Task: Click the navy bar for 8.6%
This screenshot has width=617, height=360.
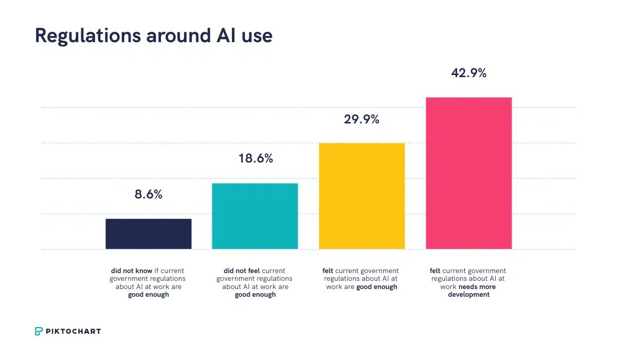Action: (x=149, y=234)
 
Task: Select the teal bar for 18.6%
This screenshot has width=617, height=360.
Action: (x=255, y=216)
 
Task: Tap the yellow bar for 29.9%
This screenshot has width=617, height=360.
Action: (x=362, y=196)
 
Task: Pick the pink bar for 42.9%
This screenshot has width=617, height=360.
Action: (x=469, y=173)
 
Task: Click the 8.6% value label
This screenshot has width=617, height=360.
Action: (x=149, y=195)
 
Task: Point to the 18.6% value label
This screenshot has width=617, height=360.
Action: (x=256, y=159)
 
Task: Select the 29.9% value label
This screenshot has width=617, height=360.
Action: (x=361, y=120)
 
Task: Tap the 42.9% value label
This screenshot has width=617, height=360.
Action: (x=468, y=74)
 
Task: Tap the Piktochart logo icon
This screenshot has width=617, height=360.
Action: (x=39, y=331)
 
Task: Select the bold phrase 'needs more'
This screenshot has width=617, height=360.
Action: (x=477, y=287)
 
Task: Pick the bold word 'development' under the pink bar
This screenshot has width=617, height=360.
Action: (x=468, y=295)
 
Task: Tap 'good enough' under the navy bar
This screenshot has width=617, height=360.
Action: (x=149, y=295)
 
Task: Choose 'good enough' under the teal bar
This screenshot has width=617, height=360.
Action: (x=256, y=295)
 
